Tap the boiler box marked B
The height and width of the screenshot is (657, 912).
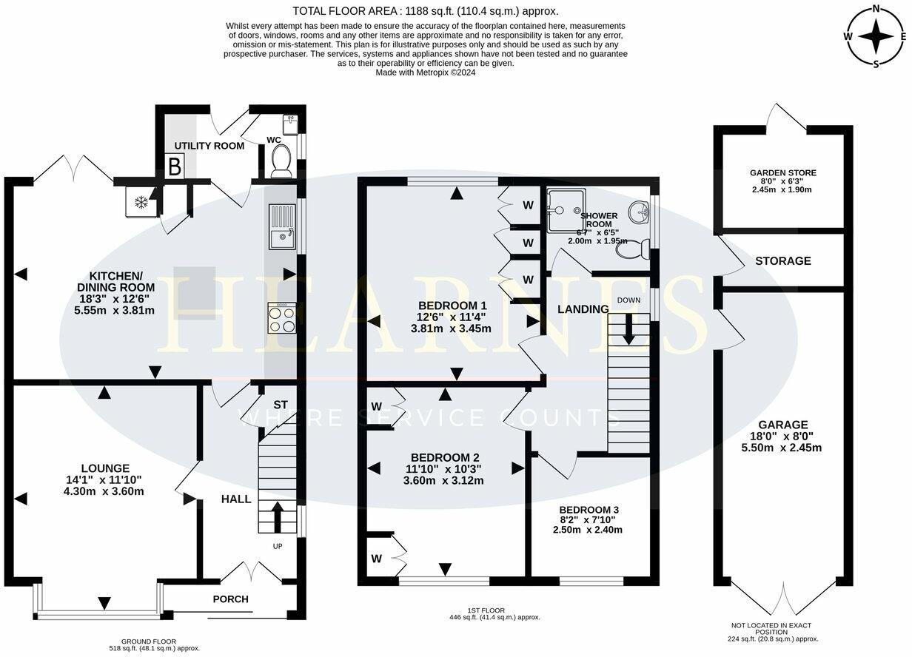pos(175,166)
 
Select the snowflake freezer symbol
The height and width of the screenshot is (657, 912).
pos(141,202)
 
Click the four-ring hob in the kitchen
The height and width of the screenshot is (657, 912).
pos(282,318)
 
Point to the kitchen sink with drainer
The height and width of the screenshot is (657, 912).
pos(282,226)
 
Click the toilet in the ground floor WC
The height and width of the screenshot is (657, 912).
pos(281,161)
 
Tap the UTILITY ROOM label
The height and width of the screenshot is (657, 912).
pos(209,146)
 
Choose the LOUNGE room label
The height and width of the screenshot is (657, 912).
pos(105,468)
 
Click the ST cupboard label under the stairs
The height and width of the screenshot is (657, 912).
pos(280,405)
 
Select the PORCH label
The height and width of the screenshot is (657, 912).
pos(230,599)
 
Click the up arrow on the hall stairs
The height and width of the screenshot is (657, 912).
pos(278,517)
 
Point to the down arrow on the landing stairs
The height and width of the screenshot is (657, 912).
pos(628,329)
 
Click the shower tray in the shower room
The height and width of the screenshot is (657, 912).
pos(566,210)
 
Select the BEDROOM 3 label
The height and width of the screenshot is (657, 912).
pos(589,510)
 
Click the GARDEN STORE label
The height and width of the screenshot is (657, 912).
pos(783,172)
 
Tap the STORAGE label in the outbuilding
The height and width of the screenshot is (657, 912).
pos(783,260)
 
